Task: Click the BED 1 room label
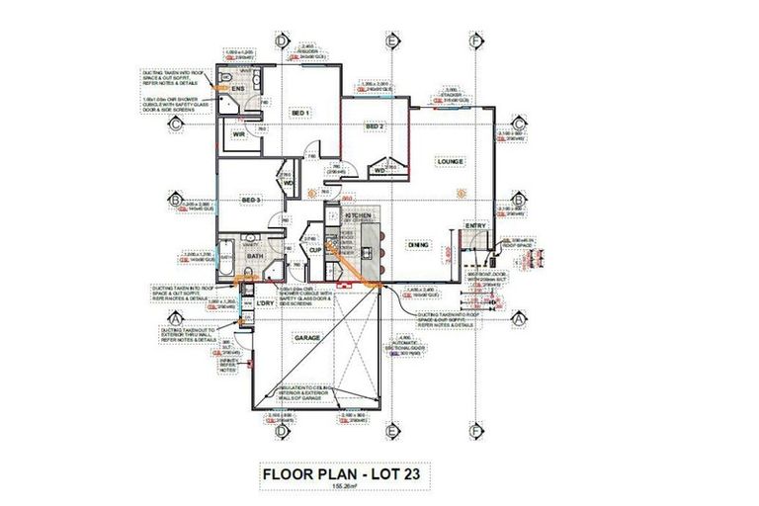300,114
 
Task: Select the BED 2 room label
374,126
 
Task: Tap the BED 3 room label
251,201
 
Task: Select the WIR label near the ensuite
238,134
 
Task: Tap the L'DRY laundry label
264,302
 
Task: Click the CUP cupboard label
315,250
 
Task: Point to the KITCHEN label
354,212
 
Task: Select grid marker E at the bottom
392,431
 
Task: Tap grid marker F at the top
477,41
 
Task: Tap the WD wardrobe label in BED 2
379,170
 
